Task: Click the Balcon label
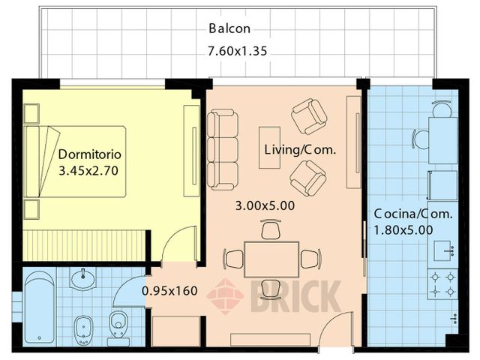[229, 28]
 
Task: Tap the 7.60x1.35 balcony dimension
[238, 51]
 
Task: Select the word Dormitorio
[90, 154]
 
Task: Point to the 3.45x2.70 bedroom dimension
[88, 170]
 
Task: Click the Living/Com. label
[300, 150]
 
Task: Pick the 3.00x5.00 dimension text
[265, 205]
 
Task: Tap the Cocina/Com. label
[413, 214]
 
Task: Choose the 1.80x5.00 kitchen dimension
[403, 229]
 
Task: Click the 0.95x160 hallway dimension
[170, 291]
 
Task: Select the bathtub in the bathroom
[40, 307]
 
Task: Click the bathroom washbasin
[83, 278]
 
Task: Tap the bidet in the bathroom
[83, 330]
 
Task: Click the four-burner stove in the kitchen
[442, 284]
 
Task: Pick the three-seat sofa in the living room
[223, 150]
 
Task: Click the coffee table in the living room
[270, 148]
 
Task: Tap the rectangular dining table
[271, 259]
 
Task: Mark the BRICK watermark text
[296, 296]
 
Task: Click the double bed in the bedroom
[75, 161]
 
